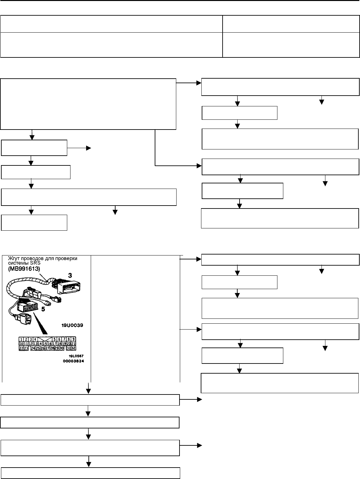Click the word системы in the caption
point(17,264)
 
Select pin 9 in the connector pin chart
point(74,339)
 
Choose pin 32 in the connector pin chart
point(73,348)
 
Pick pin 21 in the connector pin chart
point(74,344)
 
